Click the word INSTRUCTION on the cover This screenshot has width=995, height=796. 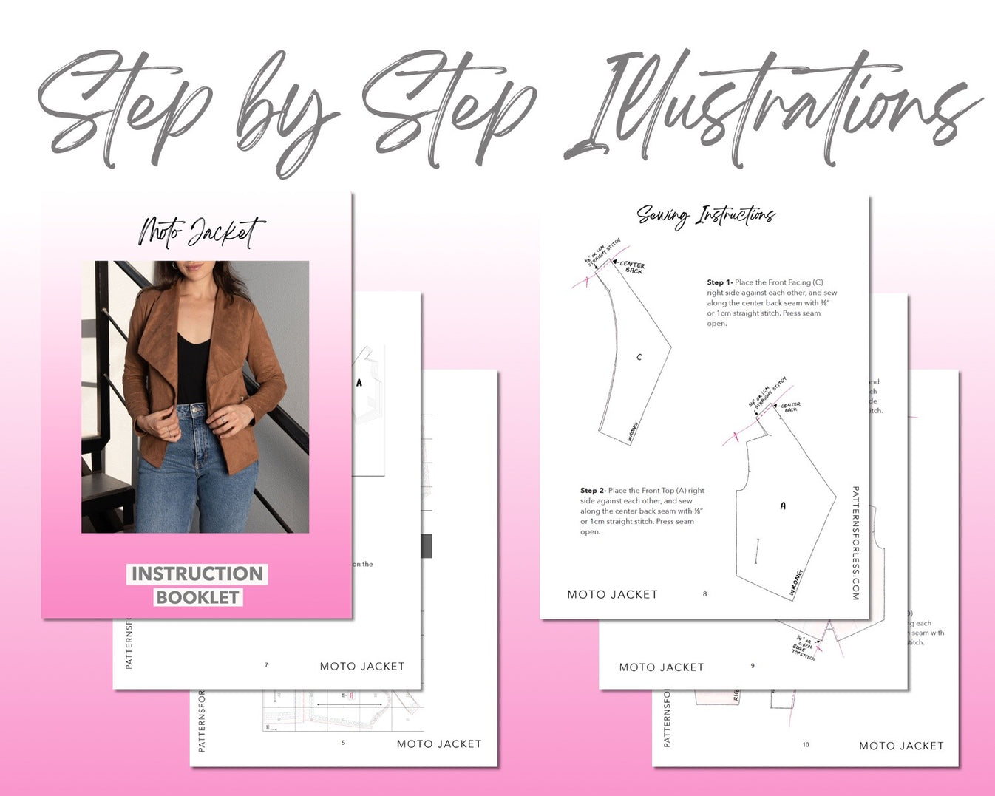tap(197, 574)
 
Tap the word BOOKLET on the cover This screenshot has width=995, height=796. tap(197, 597)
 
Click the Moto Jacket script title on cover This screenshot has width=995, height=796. tap(201, 231)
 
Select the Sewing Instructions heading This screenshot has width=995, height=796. tap(705, 215)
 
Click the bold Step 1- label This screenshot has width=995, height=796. tap(719, 282)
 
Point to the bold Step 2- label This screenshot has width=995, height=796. tap(593, 491)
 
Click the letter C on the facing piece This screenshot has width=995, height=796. tap(639, 357)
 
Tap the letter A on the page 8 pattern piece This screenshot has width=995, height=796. tap(783, 506)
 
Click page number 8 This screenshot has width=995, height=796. tap(704, 593)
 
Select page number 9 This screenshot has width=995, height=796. tap(753, 666)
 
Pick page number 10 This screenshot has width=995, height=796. tap(806, 745)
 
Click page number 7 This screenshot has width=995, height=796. tap(266, 665)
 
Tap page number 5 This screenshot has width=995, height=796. tap(343, 743)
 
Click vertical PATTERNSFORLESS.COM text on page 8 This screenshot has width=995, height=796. tap(855, 543)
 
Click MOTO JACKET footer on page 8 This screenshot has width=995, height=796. tap(612, 594)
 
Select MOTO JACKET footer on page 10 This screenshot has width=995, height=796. tap(901, 746)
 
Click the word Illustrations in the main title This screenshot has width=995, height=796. tap(769, 111)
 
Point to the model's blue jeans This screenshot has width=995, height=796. tap(196, 466)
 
